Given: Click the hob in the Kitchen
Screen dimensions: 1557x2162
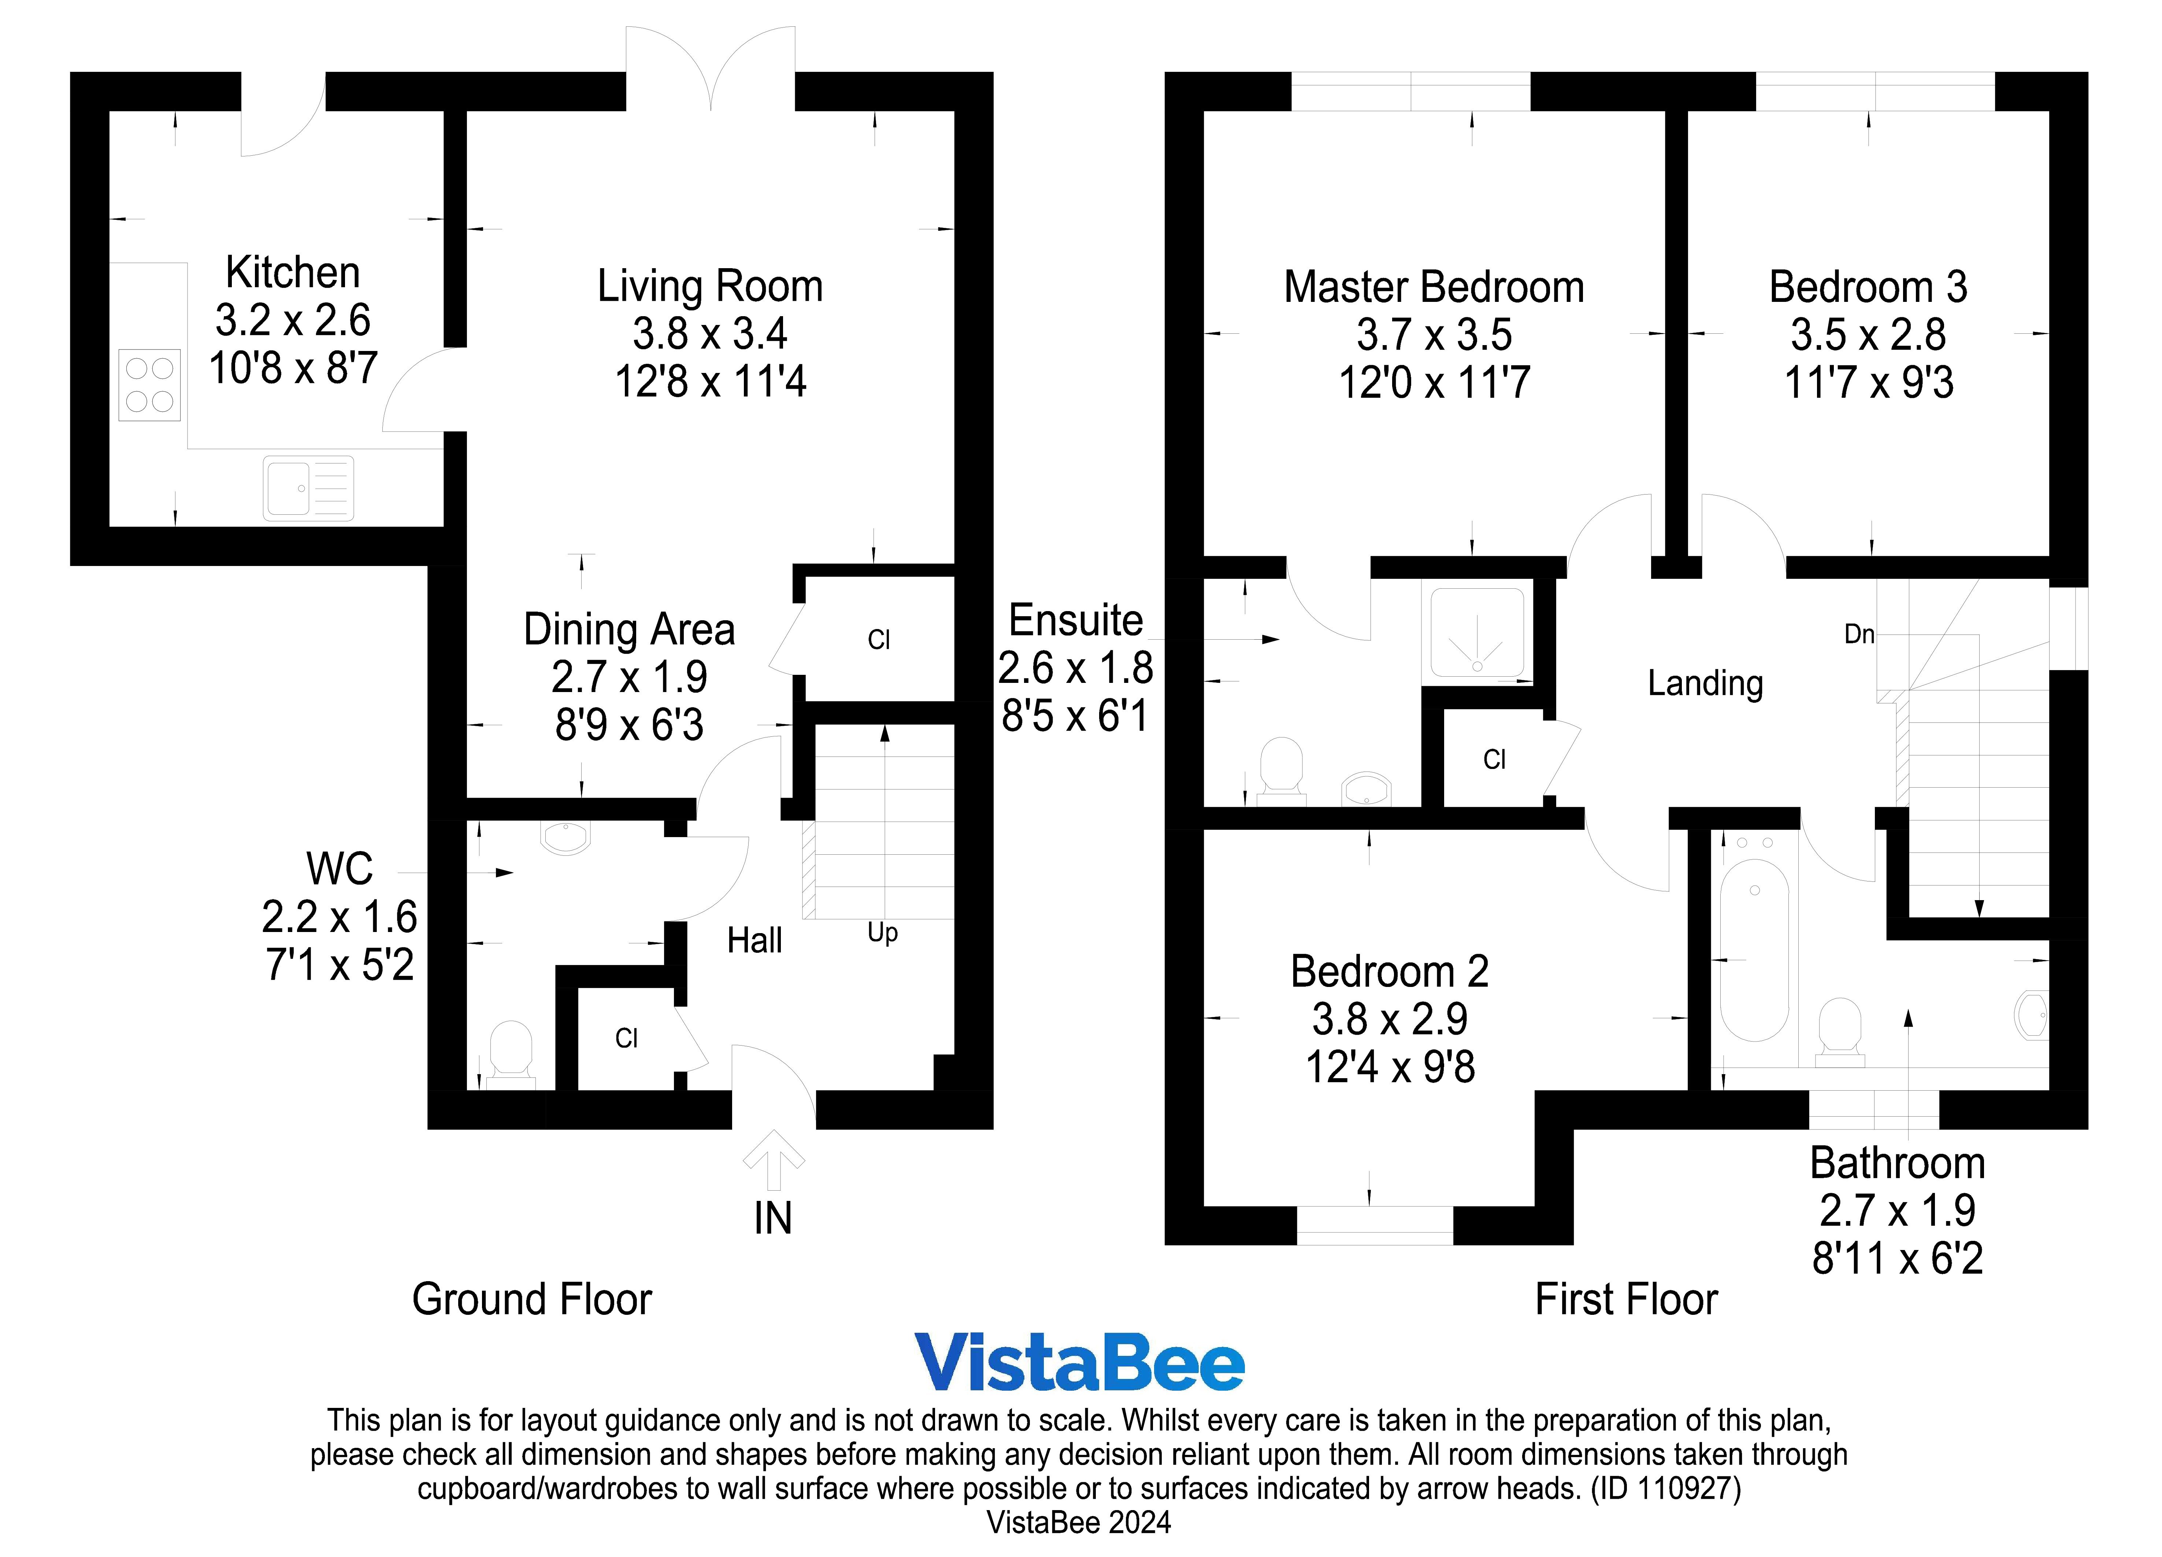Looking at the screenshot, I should pyautogui.click(x=150, y=385).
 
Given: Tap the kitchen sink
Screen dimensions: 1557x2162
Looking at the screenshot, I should pyautogui.click(x=308, y=488).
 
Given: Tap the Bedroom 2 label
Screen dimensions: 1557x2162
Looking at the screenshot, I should pyautogui.click(x=1389, y=972).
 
